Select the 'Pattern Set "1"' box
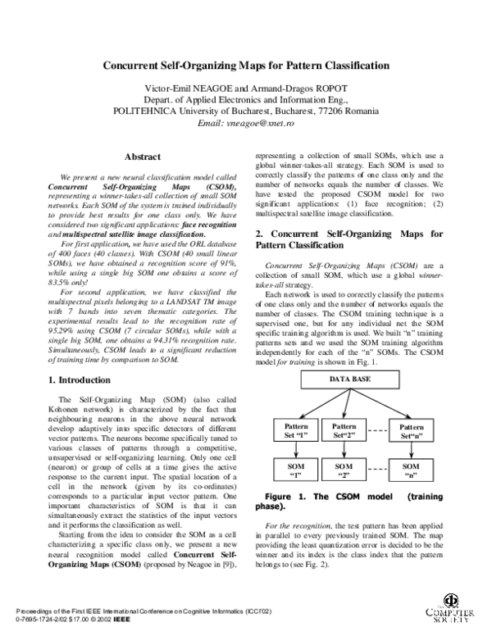point(294,431)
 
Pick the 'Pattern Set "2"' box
point(344,431)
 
